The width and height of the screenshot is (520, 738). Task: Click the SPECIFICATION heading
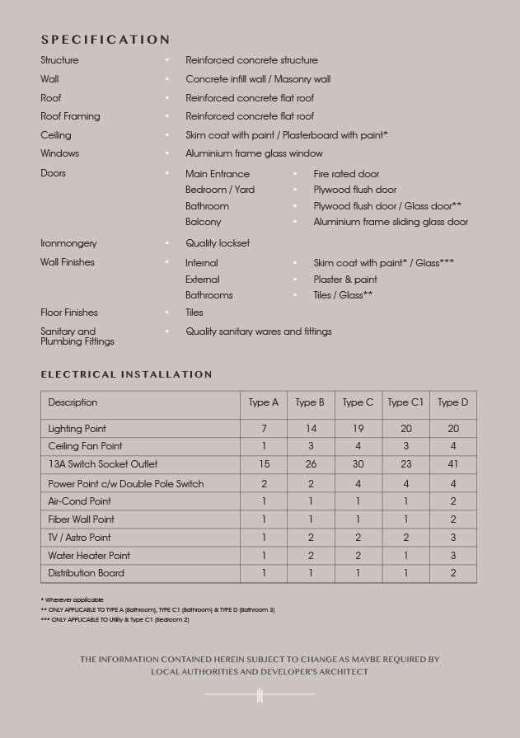(105, 40)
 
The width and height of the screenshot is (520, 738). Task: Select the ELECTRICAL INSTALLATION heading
(126, 374)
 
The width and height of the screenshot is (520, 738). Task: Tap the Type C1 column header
(405, 402)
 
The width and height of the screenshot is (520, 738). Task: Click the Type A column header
(264, 402)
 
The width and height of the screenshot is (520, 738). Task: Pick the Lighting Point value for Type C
(358, 429)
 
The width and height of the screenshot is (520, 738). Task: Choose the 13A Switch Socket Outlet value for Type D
(453, 464)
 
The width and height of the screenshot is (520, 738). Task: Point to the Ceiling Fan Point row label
(85, 446)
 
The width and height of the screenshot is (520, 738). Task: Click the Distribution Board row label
(86, 573)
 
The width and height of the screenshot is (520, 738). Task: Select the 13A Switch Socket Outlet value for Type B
(311, 464)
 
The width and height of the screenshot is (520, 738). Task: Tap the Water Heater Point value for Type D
(453, 556)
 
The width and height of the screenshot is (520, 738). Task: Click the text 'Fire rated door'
(346, 174)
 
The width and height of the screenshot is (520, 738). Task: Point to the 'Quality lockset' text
(218, 243)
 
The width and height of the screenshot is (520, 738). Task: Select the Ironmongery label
(68, 243)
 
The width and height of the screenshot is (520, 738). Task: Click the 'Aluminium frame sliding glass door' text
(391, 222)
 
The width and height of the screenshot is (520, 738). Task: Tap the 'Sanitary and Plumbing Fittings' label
(77, 336)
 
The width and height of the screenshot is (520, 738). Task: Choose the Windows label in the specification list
(60, 153)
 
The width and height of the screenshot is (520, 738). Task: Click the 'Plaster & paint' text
(345, 280)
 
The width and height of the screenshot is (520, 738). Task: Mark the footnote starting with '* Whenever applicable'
(72, 599)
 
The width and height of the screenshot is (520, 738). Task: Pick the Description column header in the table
(73, 402)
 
